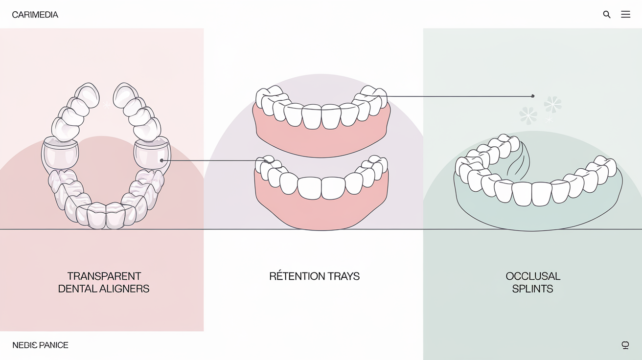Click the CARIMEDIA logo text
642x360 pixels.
35,15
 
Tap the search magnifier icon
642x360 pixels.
607,15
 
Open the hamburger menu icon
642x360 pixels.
625,15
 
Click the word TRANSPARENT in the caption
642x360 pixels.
104,276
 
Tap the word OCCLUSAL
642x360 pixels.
533,276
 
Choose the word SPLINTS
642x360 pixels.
532,289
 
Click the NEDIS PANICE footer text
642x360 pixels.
40,345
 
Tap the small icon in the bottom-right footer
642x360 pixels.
625,345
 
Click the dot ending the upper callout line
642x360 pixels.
533,96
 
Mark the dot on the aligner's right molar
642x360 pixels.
161,160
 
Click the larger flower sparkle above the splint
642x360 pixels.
552,104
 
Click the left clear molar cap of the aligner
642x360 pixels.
60,156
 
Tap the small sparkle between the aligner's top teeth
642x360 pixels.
106,104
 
